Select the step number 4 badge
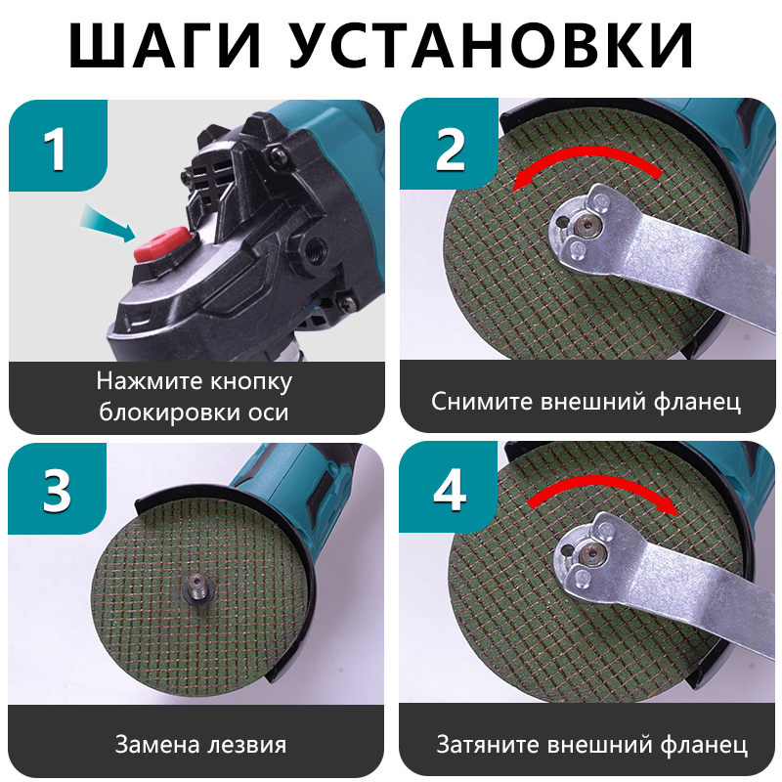(x=449, y=490)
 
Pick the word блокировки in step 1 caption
(x=162, y=412)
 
